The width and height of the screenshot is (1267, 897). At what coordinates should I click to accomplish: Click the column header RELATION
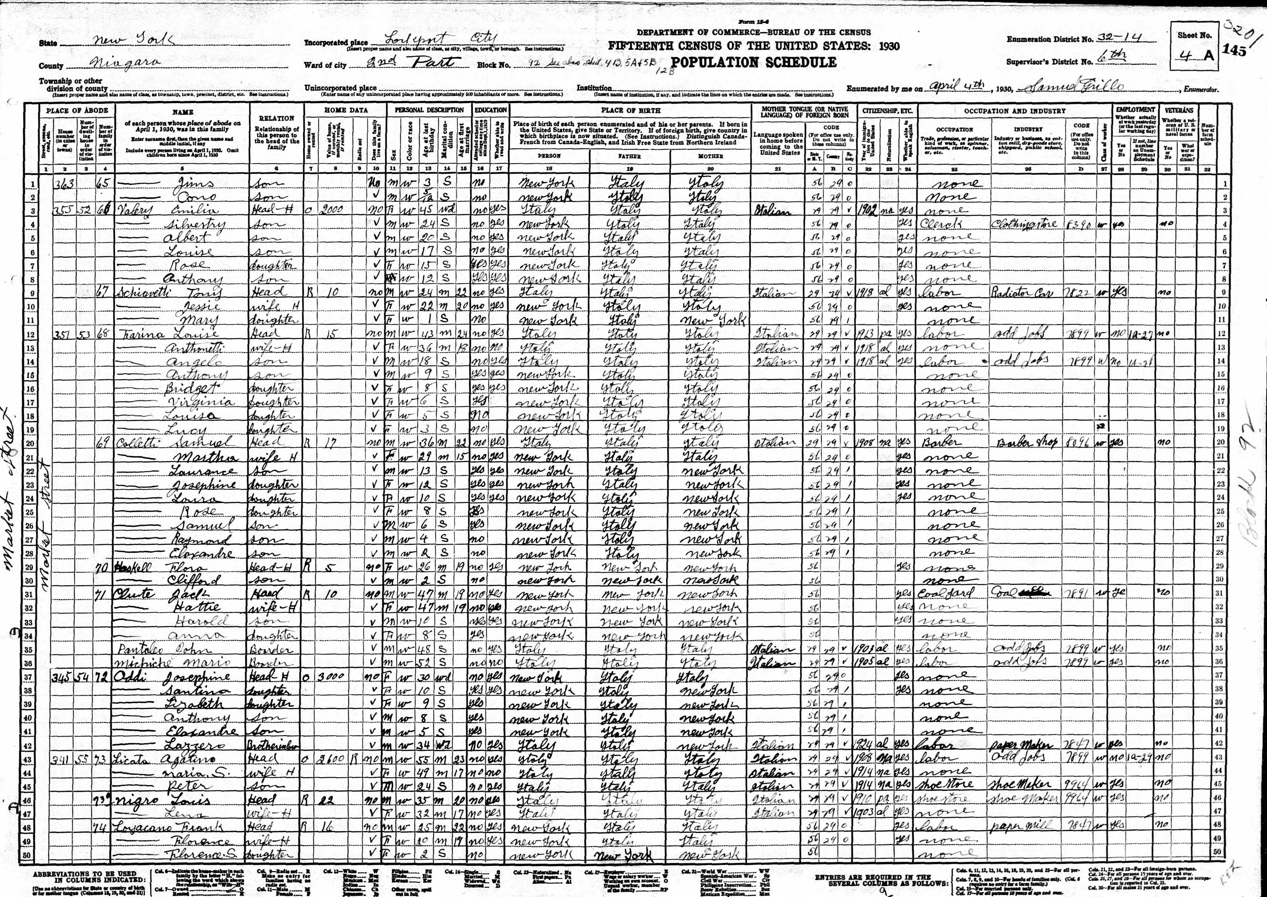pos(276,118)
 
